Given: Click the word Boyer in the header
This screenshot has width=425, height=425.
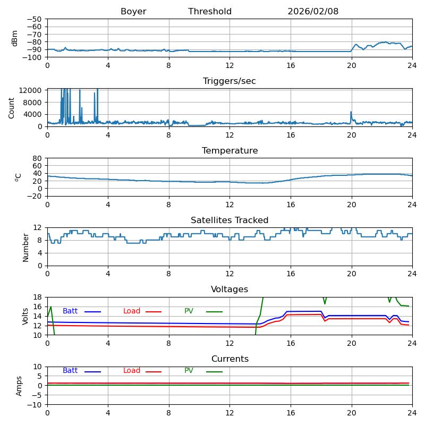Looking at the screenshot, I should point(133,12).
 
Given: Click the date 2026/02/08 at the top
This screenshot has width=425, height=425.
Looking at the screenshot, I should point(313,12).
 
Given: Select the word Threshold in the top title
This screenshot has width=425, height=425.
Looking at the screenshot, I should point(210,12).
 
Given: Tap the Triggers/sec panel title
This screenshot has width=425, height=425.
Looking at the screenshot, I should point(229,81).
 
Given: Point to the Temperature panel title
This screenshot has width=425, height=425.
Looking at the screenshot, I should point(229,151).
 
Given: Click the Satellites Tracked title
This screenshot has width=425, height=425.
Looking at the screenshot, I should point(229,220).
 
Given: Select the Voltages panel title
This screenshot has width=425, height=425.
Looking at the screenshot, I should point(229,290).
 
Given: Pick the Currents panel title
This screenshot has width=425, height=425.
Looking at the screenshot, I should point(229,359).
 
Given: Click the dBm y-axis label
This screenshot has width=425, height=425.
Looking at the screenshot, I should point(15,38).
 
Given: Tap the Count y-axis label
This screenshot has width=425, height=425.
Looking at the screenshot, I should point(12,107).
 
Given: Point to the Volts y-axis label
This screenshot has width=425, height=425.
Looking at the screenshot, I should point(26,316).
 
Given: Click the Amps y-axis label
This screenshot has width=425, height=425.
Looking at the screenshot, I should point(20,386).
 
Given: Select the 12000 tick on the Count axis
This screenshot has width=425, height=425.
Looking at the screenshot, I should point(31,90).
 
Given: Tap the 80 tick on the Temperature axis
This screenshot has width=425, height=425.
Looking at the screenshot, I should point(38,158).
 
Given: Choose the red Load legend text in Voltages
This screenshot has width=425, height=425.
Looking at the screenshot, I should point(132,311).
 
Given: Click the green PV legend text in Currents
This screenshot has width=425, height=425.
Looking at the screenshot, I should point(189,371).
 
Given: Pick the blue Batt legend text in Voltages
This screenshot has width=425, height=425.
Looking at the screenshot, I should point(70,311).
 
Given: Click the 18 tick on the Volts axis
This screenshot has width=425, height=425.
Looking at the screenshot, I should point(38,297).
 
